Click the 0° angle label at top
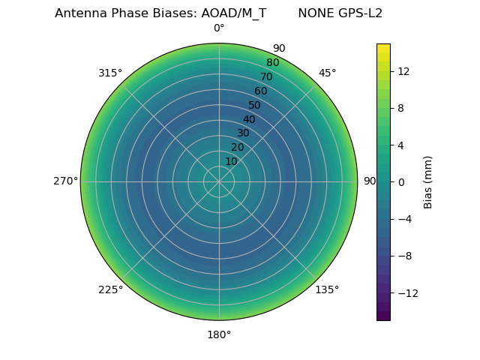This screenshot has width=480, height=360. pyautogui.click(x=219, y=28)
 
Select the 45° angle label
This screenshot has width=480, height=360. pyautogui.click(x=327, y=73)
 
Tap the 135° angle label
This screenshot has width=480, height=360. pyautogui.click(x=327, y=289)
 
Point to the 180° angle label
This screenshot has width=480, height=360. pyautogui.click(x=219, y=334)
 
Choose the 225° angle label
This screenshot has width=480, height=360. pyautogui.click(x=110, y=289)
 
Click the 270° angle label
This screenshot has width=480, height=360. pyautogui.click(x=65, y=181)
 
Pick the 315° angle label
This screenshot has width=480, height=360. pyautogui.click(x=110, y=73)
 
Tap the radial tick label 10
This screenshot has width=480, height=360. pyautogui.click(x=231, y=161)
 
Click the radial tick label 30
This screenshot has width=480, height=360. pyautogui.click(x=243, y=133)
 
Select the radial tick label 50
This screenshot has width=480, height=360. pyautogui.click(x=254, y=106)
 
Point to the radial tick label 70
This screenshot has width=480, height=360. pyautogui.click(x=266, y=77)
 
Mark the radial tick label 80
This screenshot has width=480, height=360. pyautogui.click(x=272, y=63)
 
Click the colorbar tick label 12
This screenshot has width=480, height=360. pyautogui.click(x=403, y=71)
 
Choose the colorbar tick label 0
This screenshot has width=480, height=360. pyautogui.click(x=401, y=181)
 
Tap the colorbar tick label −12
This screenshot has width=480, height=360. pyautogui.click(x=406, y=292)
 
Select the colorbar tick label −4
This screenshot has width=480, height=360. pyautogui.click(x=405, y=219)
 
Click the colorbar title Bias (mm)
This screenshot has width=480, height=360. pyautogui.click(x=428, y=181)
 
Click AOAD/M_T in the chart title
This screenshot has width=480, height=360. pyautogui.click(x=233, y=13)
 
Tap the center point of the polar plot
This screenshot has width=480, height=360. pyautogui.click(x=219, y=181)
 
